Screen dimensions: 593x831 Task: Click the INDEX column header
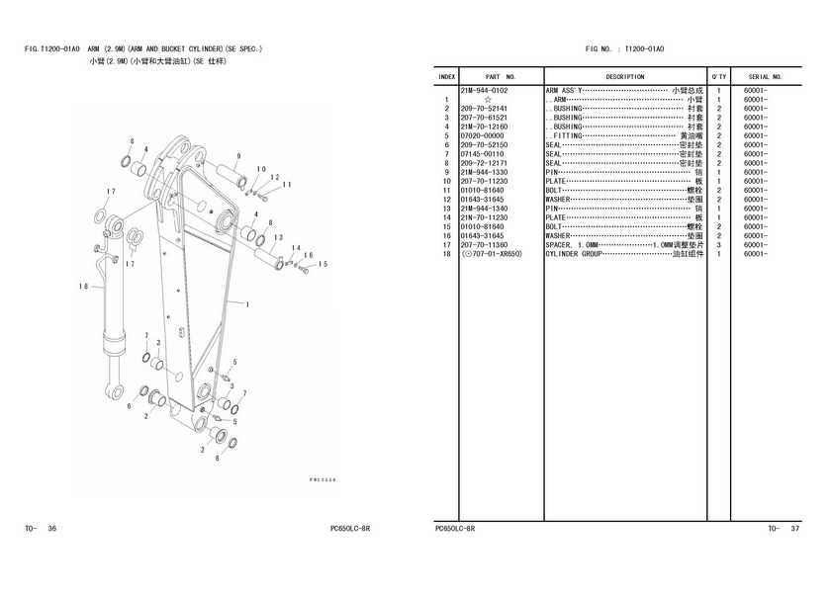click(446, 76)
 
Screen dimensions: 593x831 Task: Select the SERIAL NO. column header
click(765, 76)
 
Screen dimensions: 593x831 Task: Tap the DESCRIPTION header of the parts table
click(624, 76)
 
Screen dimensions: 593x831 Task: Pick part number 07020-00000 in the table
click(483, 136)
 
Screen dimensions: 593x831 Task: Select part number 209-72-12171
click(484, 163)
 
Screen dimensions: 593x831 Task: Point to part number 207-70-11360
click(484, 245)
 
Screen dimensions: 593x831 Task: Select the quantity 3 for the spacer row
click(718, 245)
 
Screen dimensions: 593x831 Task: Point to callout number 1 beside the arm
click(246, 303)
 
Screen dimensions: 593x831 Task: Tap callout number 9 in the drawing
click(238, 156)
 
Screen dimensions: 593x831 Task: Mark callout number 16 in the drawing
click(309, 266)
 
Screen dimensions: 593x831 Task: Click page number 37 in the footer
click(795, 529)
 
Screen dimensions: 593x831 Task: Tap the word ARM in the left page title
click(93, 49)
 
